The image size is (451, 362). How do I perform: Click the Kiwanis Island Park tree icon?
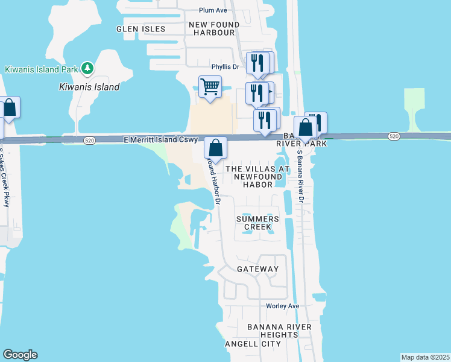(x=88, y=69)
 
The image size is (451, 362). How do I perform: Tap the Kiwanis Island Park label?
(x=42, y=69)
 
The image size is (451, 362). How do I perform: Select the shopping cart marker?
(x=210, y=87)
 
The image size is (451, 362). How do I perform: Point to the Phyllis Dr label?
(x=225, y=67)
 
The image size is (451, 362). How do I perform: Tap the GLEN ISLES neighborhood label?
(x=141, y=28)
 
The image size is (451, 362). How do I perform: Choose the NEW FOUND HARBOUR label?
(x=214, y=28)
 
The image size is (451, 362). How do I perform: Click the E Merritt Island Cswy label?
(x=161, y=140)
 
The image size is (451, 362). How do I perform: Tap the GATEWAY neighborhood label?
(x=257, y=269)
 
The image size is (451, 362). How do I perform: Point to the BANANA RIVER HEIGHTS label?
(x=279, y=331)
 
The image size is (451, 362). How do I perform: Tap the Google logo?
(x=20, y=355)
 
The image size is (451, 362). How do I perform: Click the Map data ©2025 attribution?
(x=425, y=357)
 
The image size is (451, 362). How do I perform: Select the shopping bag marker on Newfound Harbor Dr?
(x=215, y=148)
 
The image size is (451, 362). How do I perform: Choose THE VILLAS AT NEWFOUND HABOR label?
(x=257, y=177)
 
